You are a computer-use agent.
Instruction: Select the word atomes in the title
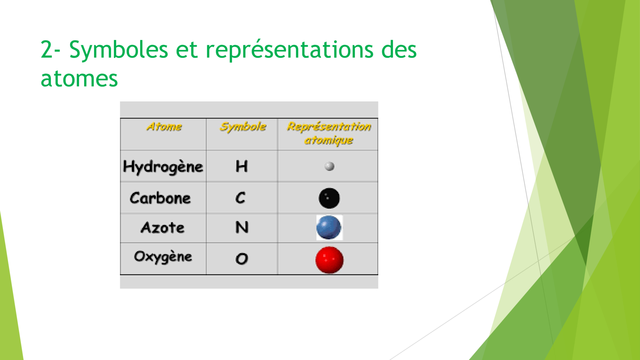79,78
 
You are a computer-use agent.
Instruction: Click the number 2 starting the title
47,49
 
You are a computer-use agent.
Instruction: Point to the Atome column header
164,127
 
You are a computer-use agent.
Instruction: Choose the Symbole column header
243,127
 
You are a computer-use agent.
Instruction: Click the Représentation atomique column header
329,133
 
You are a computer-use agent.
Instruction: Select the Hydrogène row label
163,167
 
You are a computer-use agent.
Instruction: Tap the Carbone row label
160,198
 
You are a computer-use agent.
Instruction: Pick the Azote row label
162,228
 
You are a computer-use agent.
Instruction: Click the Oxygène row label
163,257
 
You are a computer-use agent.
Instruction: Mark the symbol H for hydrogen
242,167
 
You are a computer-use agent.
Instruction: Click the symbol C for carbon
240,198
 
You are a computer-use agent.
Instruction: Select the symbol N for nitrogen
242,228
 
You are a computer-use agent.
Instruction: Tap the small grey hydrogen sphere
329,167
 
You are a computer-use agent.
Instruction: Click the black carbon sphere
329,198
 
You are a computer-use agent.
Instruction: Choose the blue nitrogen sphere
329,227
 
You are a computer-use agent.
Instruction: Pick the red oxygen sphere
329,260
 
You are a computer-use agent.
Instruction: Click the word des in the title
399,49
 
